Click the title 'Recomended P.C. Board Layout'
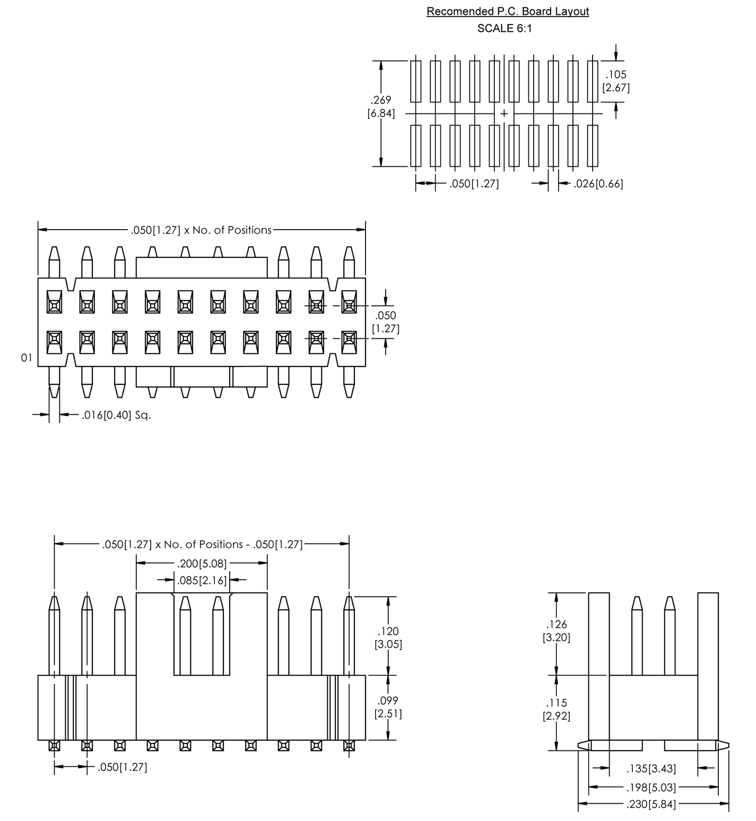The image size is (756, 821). [x=507, y=11]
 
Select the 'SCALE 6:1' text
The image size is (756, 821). [x=504, y=29]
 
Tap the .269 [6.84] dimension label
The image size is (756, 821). [x=381, y=107]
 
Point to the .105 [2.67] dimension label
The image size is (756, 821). [x=616, y=81]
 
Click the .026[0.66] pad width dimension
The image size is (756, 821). [x=598, y=184]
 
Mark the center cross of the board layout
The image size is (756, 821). [x=503, y=113]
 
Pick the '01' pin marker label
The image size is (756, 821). [x=27, y=358]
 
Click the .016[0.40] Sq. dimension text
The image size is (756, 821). [x=116, y=415]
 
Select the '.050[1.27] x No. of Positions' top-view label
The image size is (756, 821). [x=201, y=230]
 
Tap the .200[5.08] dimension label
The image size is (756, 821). [x=202, y=563]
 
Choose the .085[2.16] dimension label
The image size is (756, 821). [x=202, y=580]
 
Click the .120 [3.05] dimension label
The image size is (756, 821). [x=389, y=637]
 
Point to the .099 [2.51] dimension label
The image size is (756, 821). [x=388, y=707]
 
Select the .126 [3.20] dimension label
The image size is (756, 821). [x=556, y=631]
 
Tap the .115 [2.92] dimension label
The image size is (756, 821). [x=556, y=709]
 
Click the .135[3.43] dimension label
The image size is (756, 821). [x=651, y=768]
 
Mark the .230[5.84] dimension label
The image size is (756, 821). [x=651, y=805]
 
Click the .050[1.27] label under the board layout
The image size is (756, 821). [x=474, y=184]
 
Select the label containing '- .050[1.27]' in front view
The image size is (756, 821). [x=202, y=544]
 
